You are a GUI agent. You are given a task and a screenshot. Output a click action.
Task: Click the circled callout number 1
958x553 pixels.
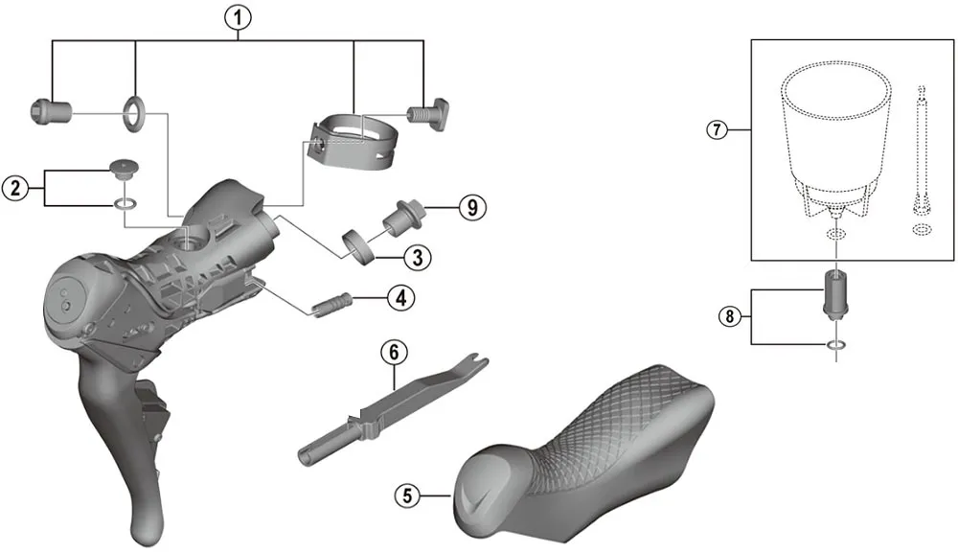click(238, 16)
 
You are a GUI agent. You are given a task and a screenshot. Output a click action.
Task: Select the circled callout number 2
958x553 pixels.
click(14, 188)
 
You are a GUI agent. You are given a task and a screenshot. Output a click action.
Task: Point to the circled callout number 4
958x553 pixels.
click(400, 298)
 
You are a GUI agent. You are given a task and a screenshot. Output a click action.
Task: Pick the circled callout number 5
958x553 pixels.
click(407, 495)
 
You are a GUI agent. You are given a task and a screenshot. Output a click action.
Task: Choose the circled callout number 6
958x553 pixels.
click(392, 352)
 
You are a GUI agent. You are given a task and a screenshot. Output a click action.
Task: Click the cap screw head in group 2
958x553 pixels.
click(124, 170)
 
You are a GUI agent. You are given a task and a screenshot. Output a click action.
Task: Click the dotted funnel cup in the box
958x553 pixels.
click(833, 134)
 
